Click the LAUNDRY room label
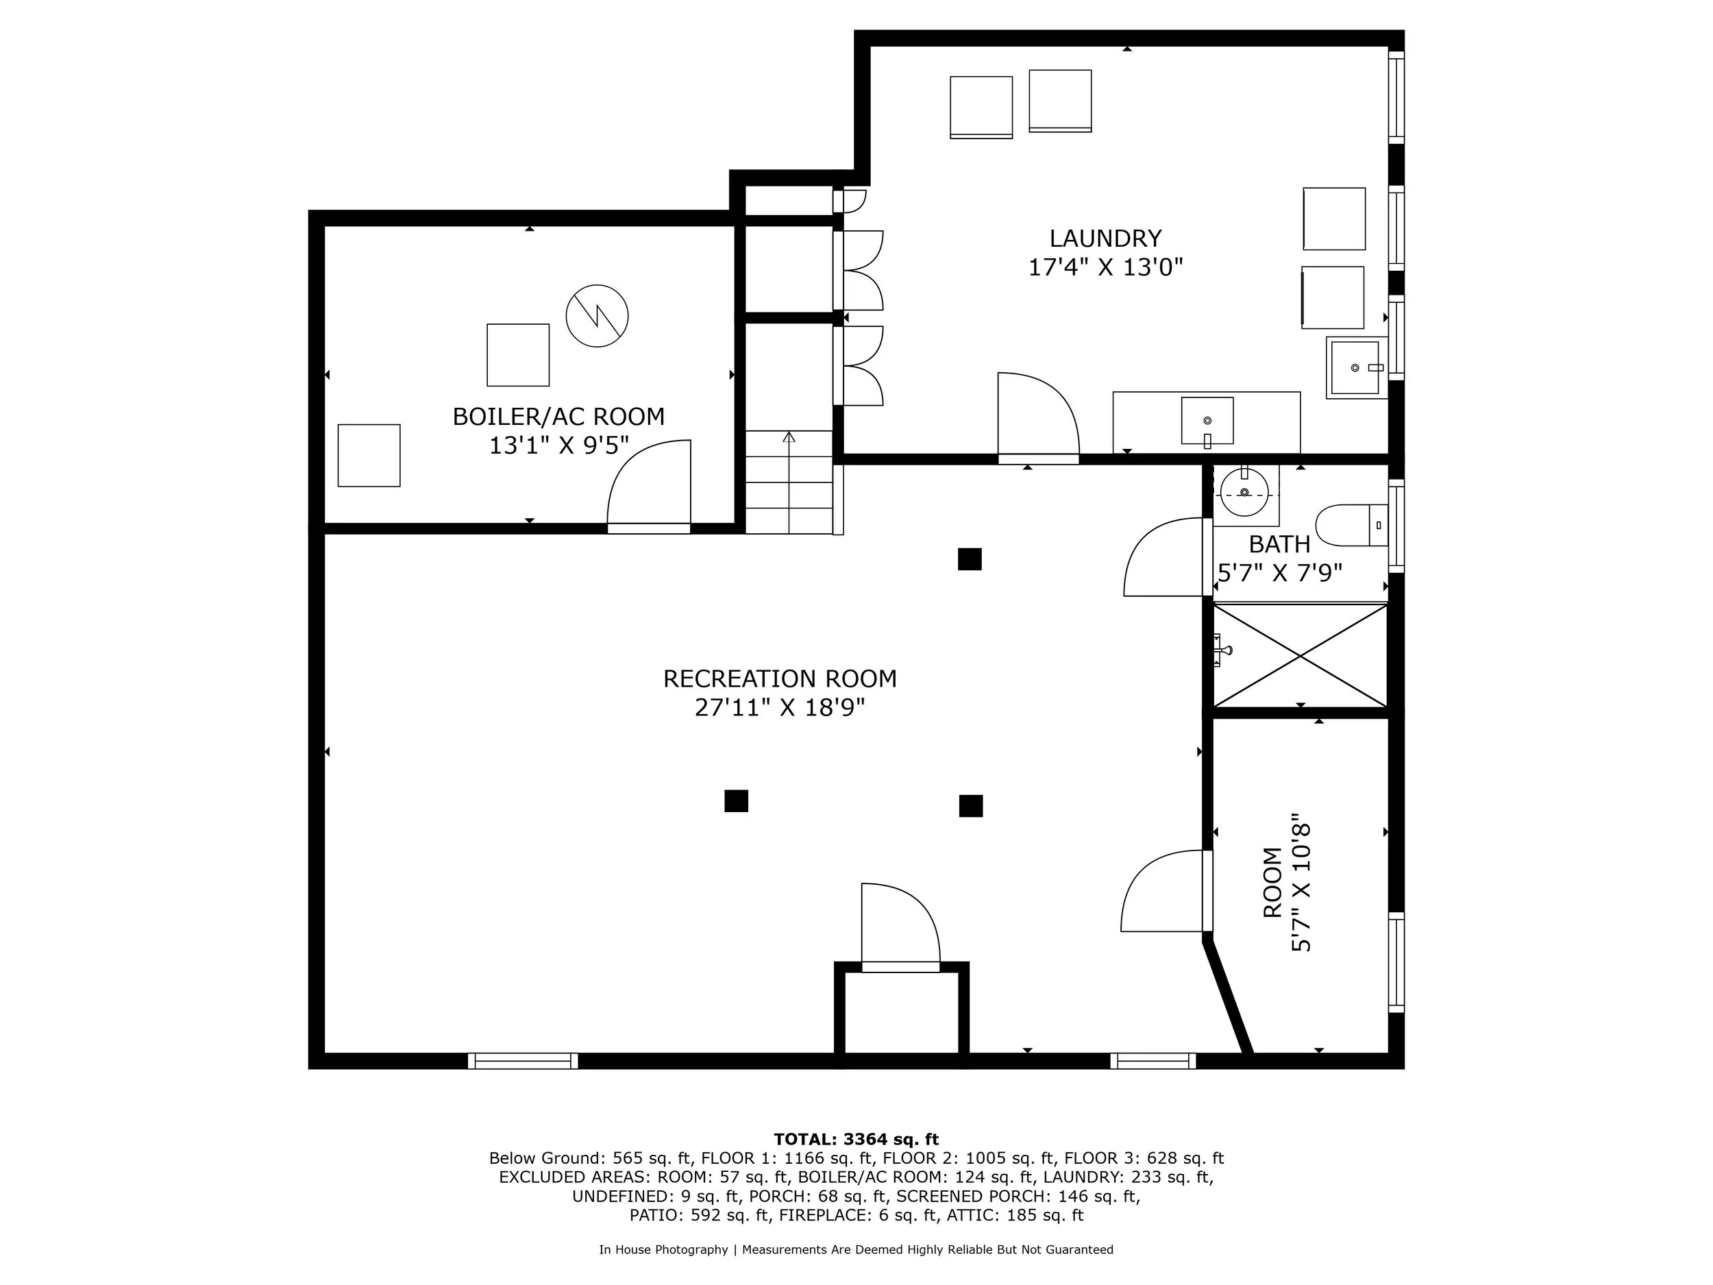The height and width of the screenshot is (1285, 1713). (x=1105, y=238)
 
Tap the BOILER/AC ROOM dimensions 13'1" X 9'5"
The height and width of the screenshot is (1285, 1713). (x=558, y=446)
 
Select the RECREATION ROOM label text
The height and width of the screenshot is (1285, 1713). (x=779, y=678)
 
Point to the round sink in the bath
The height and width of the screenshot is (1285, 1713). (x=1244, y=493)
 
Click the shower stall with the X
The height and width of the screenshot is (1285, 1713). (x=1299, y=655)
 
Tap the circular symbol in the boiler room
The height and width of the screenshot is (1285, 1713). (x=596, y=316)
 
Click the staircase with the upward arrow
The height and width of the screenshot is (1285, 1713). (x=789, y=482)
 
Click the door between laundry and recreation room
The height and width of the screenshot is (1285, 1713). (x=1037, y=418)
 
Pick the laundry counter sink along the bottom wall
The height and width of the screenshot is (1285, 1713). (x=1207, y=421)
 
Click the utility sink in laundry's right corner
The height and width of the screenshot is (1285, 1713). (x=1356, y=367)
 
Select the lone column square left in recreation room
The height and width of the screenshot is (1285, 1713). (x=736, y=801)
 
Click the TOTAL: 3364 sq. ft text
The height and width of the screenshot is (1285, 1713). (x=856, y=1140)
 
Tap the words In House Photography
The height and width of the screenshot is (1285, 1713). (x=663, y=1249)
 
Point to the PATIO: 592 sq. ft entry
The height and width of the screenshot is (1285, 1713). (x=700, y=1215)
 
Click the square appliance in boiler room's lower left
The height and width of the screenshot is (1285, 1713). (x=369, y=456)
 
